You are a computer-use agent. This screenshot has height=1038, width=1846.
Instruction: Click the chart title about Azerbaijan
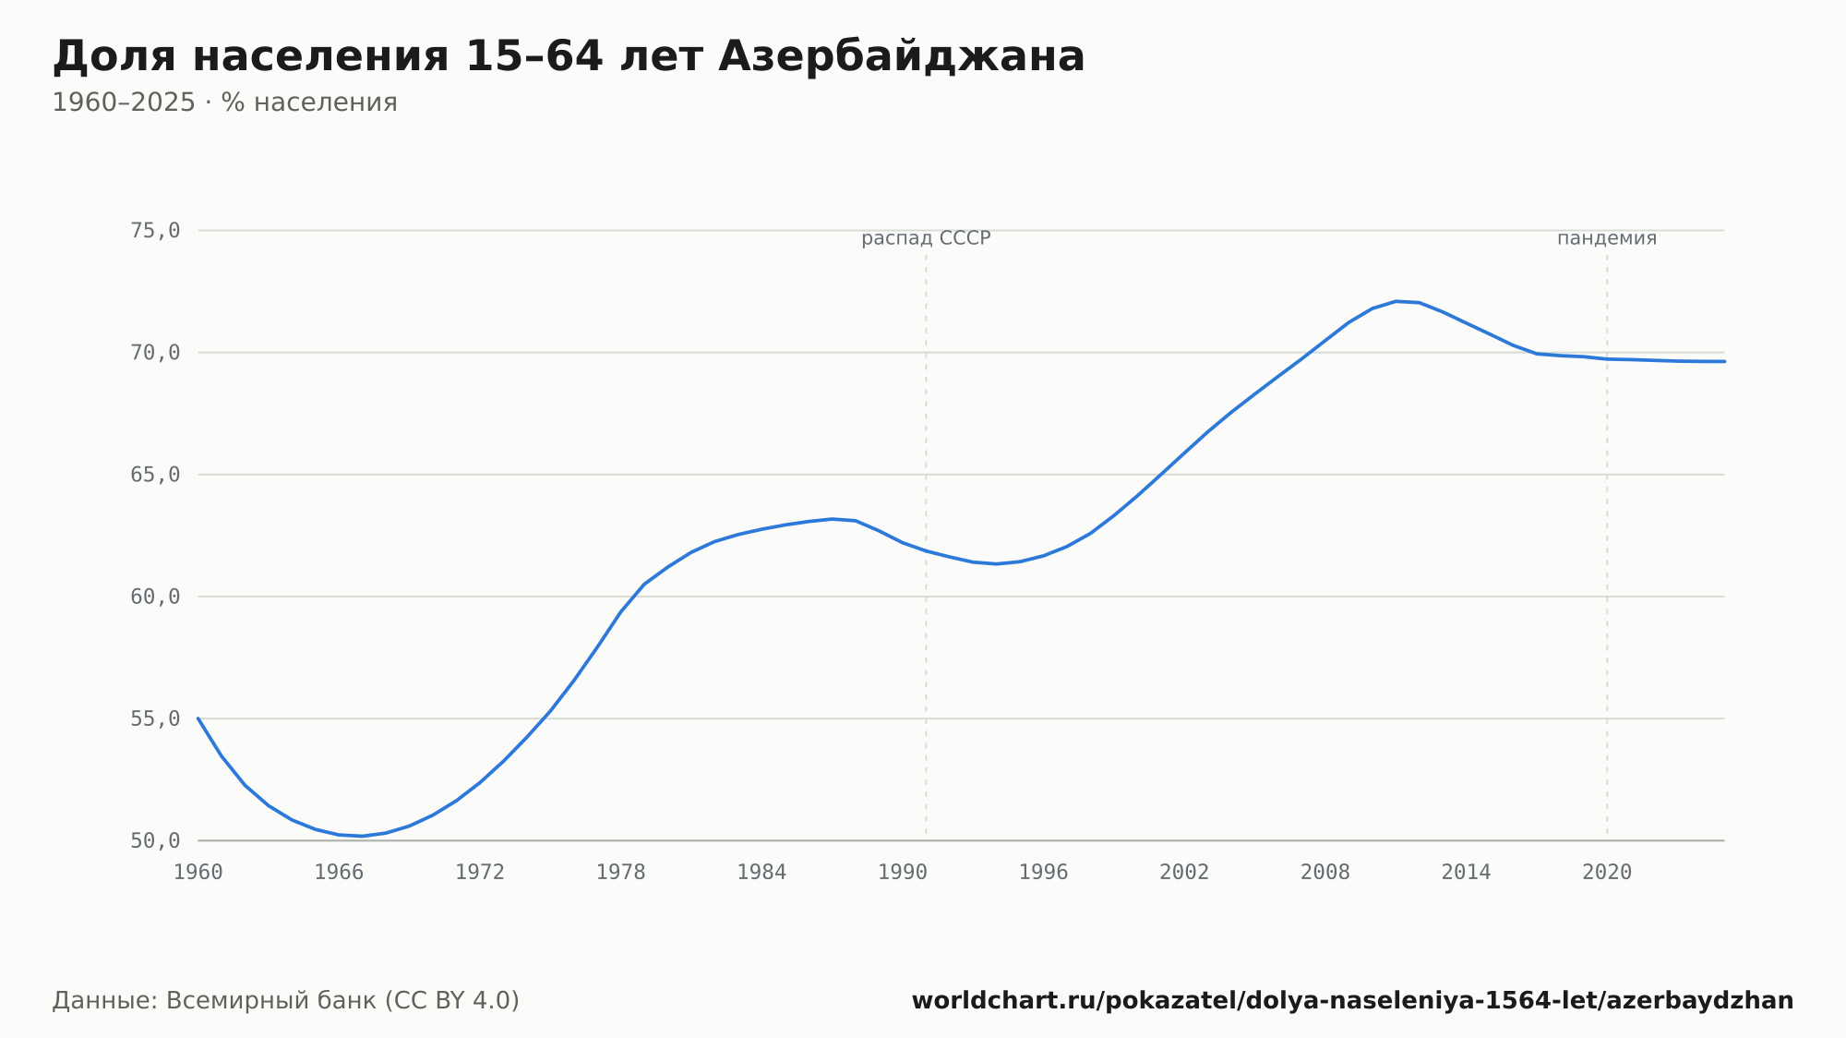coord(569,56)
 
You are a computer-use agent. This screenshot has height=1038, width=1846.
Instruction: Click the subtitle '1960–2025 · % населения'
coord(224,103)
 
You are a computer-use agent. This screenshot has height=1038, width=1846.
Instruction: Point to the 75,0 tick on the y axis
coord(155,231)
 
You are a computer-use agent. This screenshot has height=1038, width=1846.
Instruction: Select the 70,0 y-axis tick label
coord(155,353)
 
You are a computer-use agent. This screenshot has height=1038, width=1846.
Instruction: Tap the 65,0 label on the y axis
coord(155,475)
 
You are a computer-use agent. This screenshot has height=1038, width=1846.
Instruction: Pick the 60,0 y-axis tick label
coord(155,597)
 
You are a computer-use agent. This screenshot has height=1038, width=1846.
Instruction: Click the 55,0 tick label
coord(155,718)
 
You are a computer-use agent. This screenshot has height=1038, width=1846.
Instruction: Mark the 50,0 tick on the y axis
coord(155,840)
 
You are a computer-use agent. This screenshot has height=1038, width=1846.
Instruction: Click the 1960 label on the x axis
coord(198,873)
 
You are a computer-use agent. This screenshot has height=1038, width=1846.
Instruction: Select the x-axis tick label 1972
coord(480,873)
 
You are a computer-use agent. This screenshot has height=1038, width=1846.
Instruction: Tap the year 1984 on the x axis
coord(761,873)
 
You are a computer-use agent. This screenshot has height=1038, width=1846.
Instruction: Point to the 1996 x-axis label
coord(1043,873)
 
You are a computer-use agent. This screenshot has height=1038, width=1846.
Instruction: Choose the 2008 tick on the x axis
coord(1325,873)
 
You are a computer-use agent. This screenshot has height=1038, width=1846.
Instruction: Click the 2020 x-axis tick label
coord(1607,873)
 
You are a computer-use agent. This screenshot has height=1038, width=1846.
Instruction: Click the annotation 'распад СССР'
coord(926,239)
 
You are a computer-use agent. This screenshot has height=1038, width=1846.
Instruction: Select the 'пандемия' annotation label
coord(1607,238)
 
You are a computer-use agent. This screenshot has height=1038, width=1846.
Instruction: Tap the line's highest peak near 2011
coord(1396,301)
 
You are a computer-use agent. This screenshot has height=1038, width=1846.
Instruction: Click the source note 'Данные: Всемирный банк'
coord(286,1001)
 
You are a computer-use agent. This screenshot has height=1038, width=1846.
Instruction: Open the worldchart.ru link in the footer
coord(1352,1001)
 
